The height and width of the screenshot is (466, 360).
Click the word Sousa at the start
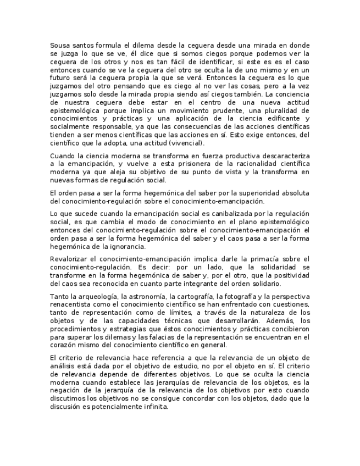tap(60, 45)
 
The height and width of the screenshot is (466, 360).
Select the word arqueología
tap(89, 296)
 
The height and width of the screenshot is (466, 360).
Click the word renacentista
tap(72, 304)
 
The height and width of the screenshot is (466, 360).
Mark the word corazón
tap(64, 345)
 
